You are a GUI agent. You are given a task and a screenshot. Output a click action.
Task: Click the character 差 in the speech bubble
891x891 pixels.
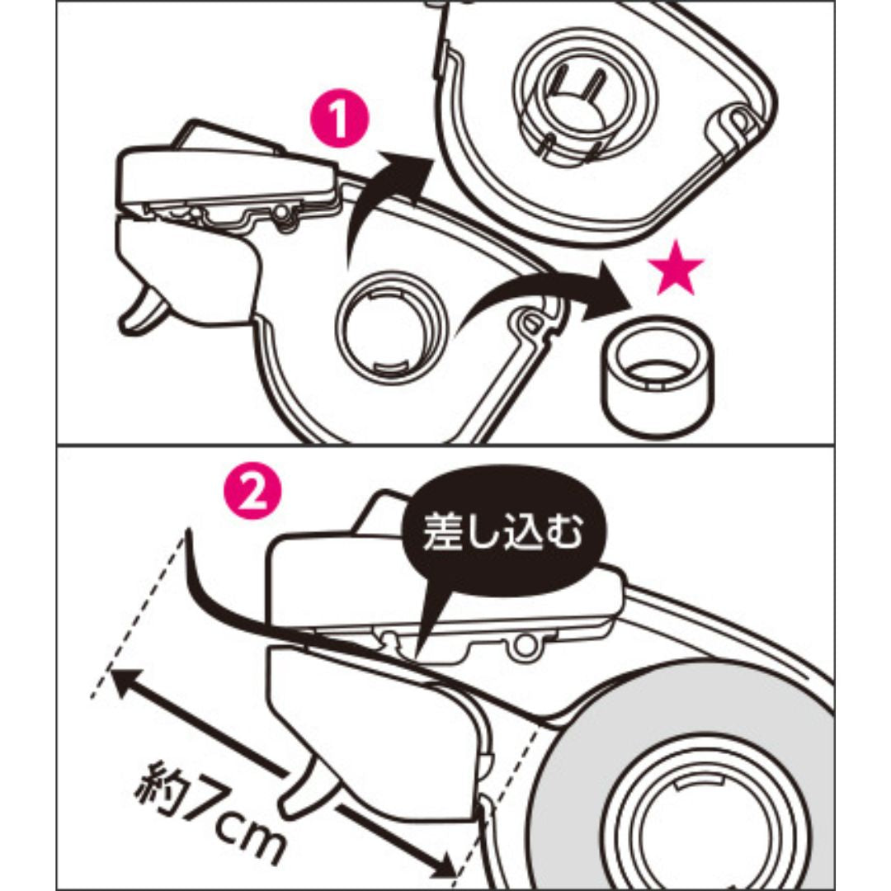pyautogui.click(x=441, y=535)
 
